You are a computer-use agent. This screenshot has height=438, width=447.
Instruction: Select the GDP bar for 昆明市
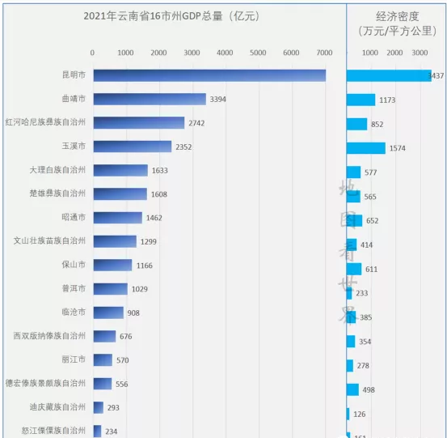click(x=209, y=75)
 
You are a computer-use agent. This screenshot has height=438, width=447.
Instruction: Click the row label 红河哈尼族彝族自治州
click(x=48, y=122)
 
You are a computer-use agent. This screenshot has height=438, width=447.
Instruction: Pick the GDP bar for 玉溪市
click(x=132, y=147)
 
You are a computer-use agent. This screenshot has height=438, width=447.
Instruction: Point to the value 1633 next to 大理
click(x=162, y=171)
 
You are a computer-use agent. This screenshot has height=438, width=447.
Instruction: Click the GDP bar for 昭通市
click(x=117, y=218)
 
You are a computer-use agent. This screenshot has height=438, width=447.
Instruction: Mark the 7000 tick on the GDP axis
click(x=324, y=53)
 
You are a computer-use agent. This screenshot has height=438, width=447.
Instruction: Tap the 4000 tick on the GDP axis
click(x=225, y=53)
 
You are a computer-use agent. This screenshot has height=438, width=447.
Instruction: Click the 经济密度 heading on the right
click(x=397, y=16)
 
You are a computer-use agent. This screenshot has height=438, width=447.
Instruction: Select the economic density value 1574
click(x=397, y=148)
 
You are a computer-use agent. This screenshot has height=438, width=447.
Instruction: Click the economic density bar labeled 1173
click(x=361, y=100)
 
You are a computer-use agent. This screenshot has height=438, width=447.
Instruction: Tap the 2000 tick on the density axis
click(x=394, y=53)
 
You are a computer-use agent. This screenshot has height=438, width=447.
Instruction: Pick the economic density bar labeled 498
click(x=353, y=389)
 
